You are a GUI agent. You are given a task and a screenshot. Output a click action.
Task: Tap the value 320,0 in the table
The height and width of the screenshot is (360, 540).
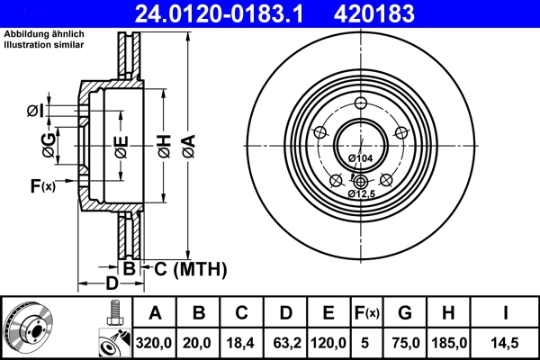(155, 342)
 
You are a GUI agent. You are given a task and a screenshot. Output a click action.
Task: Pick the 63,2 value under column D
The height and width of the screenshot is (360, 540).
(285, 342)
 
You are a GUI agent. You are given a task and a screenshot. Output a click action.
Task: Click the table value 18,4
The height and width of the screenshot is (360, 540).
(242, 342)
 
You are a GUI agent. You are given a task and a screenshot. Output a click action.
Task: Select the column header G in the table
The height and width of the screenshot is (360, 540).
(405, 313)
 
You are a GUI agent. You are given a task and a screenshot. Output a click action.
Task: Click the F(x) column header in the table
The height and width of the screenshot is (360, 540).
(364, 313)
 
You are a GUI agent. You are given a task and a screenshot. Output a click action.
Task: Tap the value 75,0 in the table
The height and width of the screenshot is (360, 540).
(405, 342)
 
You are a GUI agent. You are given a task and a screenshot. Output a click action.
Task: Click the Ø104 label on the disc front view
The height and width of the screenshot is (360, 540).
(360, 158)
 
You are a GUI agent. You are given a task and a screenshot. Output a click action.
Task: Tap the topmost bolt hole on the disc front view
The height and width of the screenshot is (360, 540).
(360, 101)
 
